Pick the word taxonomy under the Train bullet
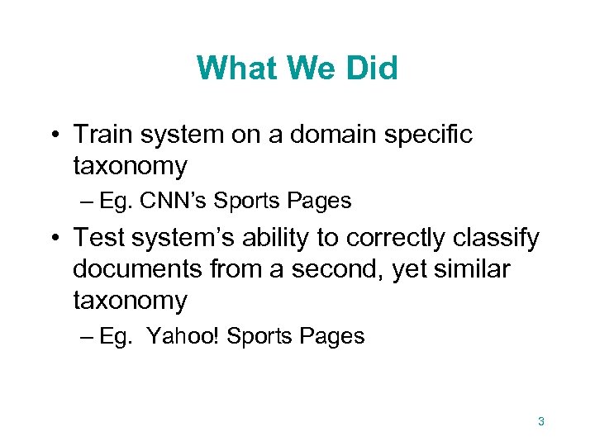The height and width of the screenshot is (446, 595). [x=130, y=167]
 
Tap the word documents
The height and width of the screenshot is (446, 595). [x=135, y=268]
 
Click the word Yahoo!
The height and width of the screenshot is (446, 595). [x=181, y=336]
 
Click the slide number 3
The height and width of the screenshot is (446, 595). [x=541, y=422]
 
